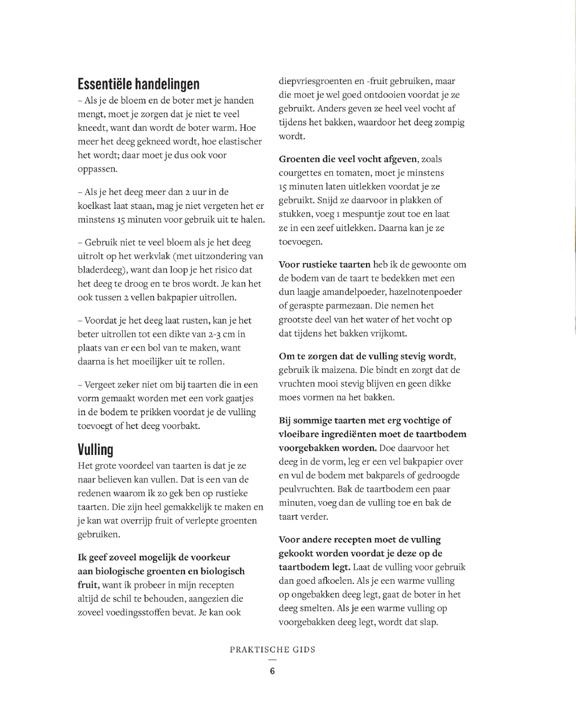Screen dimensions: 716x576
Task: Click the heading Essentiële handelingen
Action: click(139, 84)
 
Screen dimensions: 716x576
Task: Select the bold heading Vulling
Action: click(95, 449)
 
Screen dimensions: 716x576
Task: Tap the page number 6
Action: click(272, 671)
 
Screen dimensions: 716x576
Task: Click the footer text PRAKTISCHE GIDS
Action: click(272, 649)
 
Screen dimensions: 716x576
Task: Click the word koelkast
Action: click(95, 206)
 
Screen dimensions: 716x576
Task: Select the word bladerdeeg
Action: click(98, 270)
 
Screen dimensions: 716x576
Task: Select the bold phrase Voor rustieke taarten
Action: click(325, 265)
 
